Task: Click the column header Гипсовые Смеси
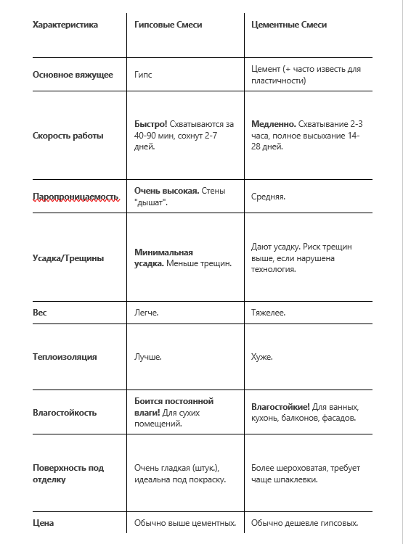pyautogui.click(x=168, y=25)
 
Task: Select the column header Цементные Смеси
pyautogui.click(x=289, y=25)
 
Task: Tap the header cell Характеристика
pyautogui.click(x=65, y=25)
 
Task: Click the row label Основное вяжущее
pyautogui.click(x=73, y=75)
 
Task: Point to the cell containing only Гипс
pyautogui.click(x=144, y=75)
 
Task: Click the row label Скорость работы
pyautogui.click(x=68, y=136)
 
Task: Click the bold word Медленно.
pyautogui.click(x=273, y=124)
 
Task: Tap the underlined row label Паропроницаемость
pyautogui.click(x=76, y=197)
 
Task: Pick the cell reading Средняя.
pyautogui.click(x=269, y=197)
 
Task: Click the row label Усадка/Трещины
pyautogui.click(x=68, y=257)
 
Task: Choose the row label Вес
pyautogui.click(x=40, y=313)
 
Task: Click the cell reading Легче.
pyautogui.click(x=147, y=313)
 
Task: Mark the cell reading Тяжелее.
pyautogui.click(x=269, y=313)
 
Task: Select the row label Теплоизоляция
pyautogui.click(x=65, y=357)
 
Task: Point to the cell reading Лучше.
pyautogui.click(x=148, y=357)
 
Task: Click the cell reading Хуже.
pyautogui.click(x=262, y=357)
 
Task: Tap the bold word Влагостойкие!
pyautogui.click(x=281, y=407)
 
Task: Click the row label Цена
pyautogui.click(x=44, y=523)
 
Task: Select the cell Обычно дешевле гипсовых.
pyautogui.click(x=305, y=523)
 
